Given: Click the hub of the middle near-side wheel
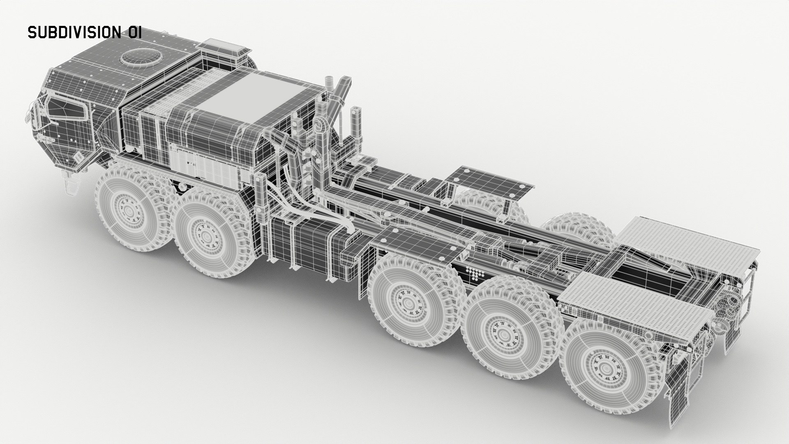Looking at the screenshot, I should [408, 303].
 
